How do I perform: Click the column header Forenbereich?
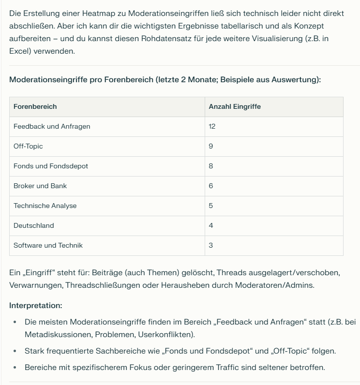coord(35,106)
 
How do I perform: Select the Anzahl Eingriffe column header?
coord(235,106)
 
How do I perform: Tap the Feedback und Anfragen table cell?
coord(52,126)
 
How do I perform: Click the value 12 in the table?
coord(212,126)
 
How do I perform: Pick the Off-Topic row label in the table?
coord(28,146)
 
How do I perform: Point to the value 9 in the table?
coord(211,146)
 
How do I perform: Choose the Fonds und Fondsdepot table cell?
coord(51,166)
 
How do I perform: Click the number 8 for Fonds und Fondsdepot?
coord(211,166)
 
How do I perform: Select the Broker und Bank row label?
coord(40,186)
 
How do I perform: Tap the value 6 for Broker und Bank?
coord(211,186)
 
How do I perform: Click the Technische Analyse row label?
coord(45,206)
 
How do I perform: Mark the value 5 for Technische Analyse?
coord(211,206)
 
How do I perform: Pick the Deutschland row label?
coord(34,225)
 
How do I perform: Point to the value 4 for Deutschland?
coord(211,225)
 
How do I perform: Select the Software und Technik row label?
coord(48,245)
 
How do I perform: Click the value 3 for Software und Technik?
coord(211,245)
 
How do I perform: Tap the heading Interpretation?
coord(35,306)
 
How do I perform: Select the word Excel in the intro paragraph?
coord(19,51)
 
